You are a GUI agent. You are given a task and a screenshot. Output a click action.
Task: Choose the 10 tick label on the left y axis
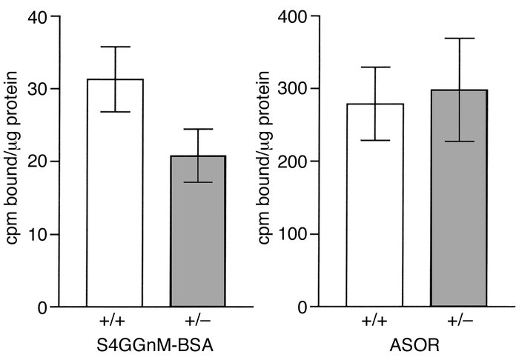coord(39,234)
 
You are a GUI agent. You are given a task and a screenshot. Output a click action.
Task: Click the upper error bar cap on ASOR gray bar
coord(459,39)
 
